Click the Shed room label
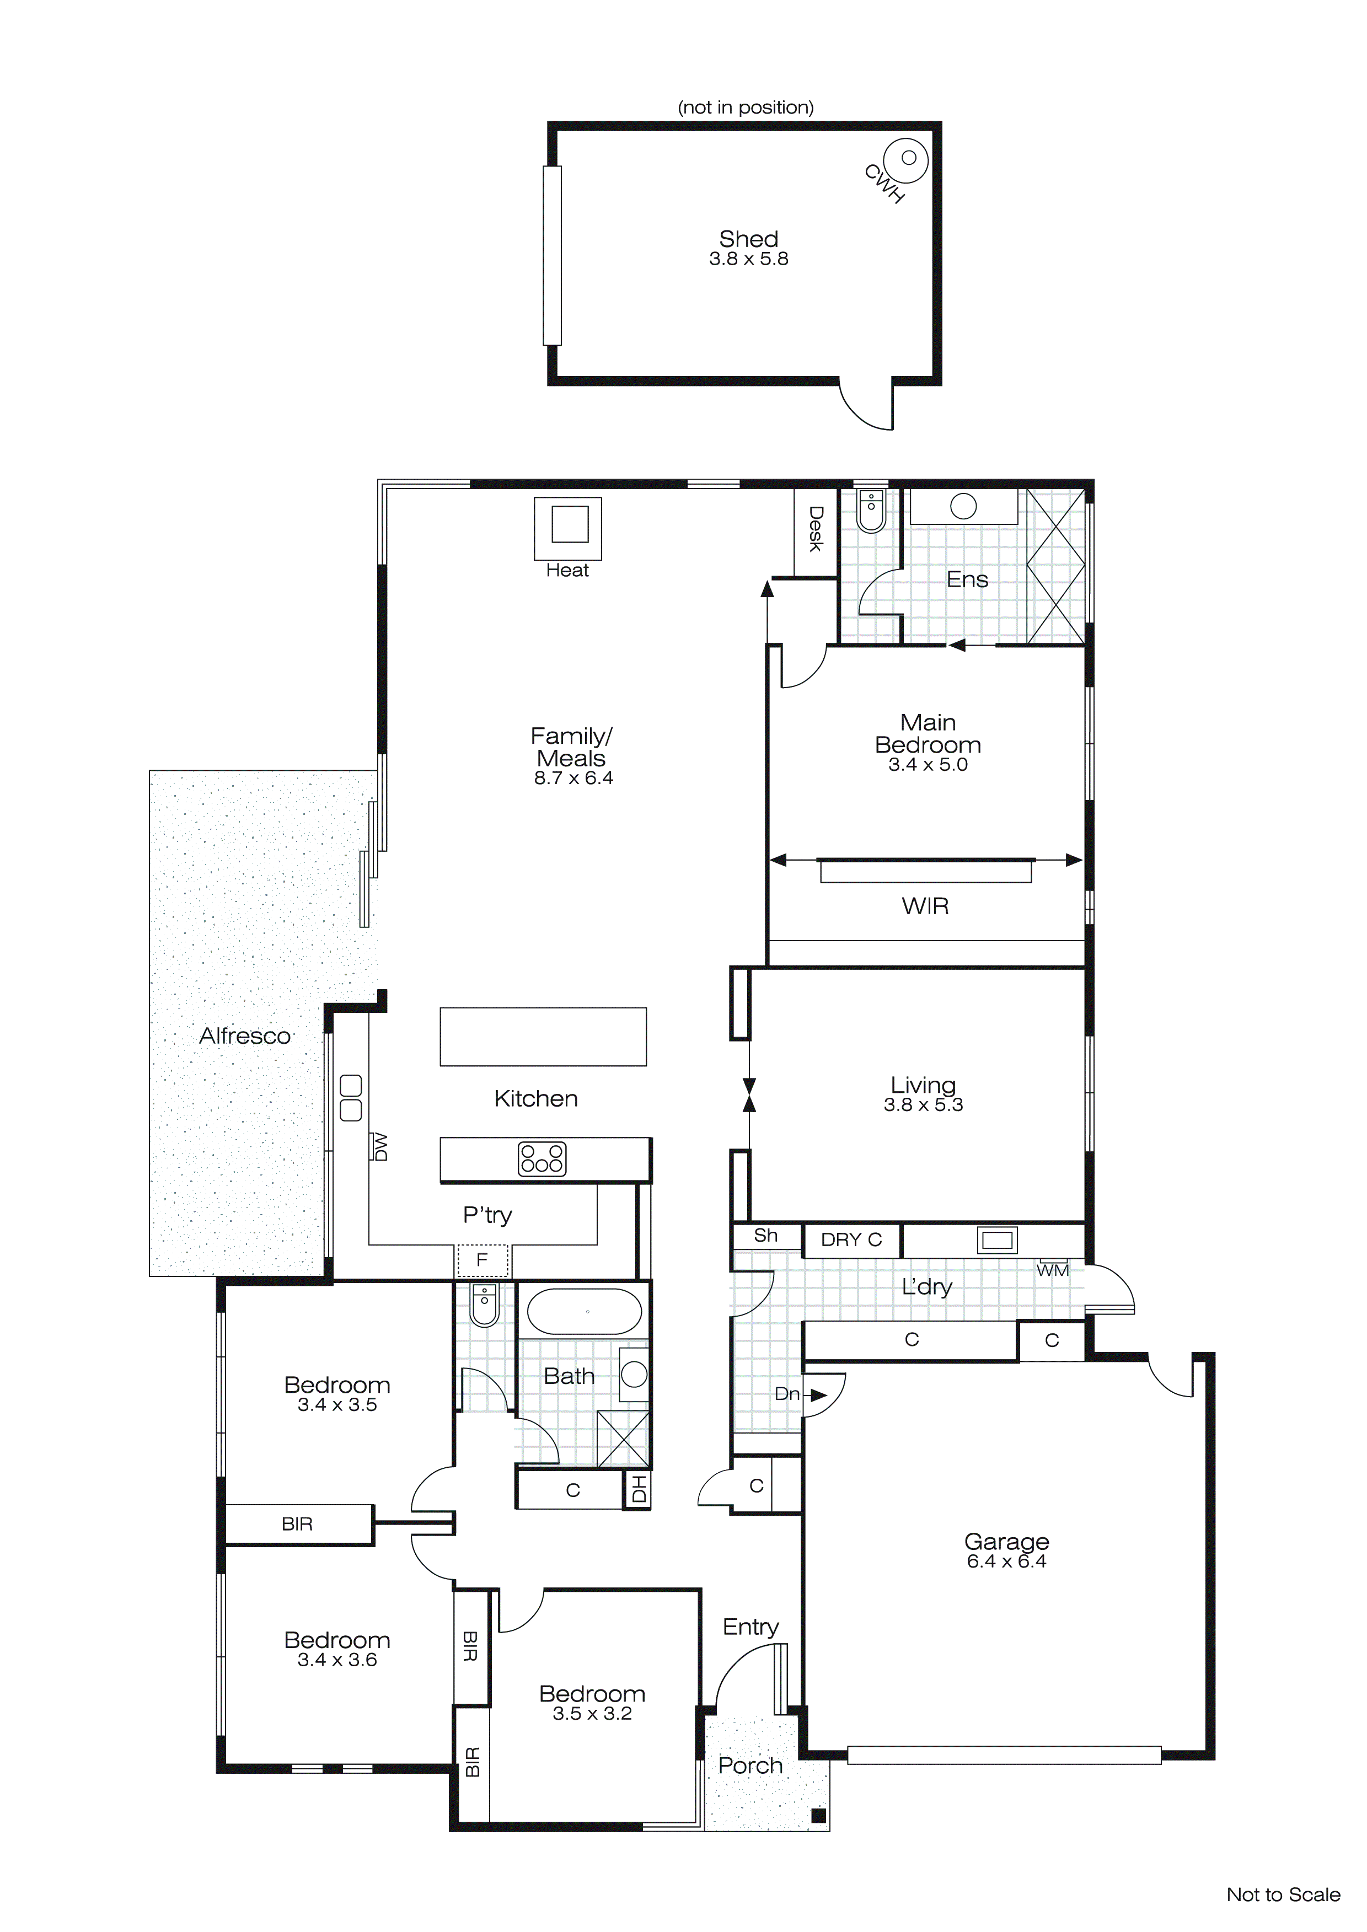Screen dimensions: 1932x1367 click(748, 239)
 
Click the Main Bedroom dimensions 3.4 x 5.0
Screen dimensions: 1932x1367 click(928, 765)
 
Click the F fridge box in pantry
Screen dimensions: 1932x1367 click(483, 1260)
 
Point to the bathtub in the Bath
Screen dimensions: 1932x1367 click(584, 1311)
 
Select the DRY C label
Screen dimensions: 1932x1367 click(850, 1239)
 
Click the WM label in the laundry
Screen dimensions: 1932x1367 click(1052, 1270)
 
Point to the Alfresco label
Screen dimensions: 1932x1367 click(244, 1036)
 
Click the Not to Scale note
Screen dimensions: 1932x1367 click(1282, 1895)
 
